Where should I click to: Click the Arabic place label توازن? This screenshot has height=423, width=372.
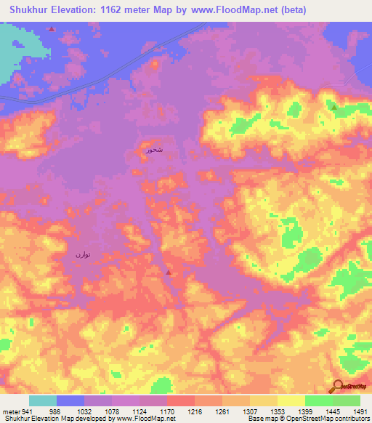(x=81, y=254)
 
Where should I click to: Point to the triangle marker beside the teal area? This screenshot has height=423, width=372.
(x=51, y=29)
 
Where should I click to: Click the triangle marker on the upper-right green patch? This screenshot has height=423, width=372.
(x=333, y=107)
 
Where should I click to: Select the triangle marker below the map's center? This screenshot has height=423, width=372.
(x=169, y=273)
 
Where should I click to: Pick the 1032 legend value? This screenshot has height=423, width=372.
(x=84, y=411)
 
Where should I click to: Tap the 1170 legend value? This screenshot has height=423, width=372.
(x=166, y=411)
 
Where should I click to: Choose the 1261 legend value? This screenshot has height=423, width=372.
(x=222, y=411)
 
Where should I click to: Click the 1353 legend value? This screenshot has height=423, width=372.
(x=277, y=411)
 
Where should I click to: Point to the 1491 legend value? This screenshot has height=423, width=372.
(x=360, y=411)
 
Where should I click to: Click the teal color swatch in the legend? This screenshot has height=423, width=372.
(x=43, y=400)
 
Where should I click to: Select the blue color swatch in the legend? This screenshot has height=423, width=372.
(x=70, y=400)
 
